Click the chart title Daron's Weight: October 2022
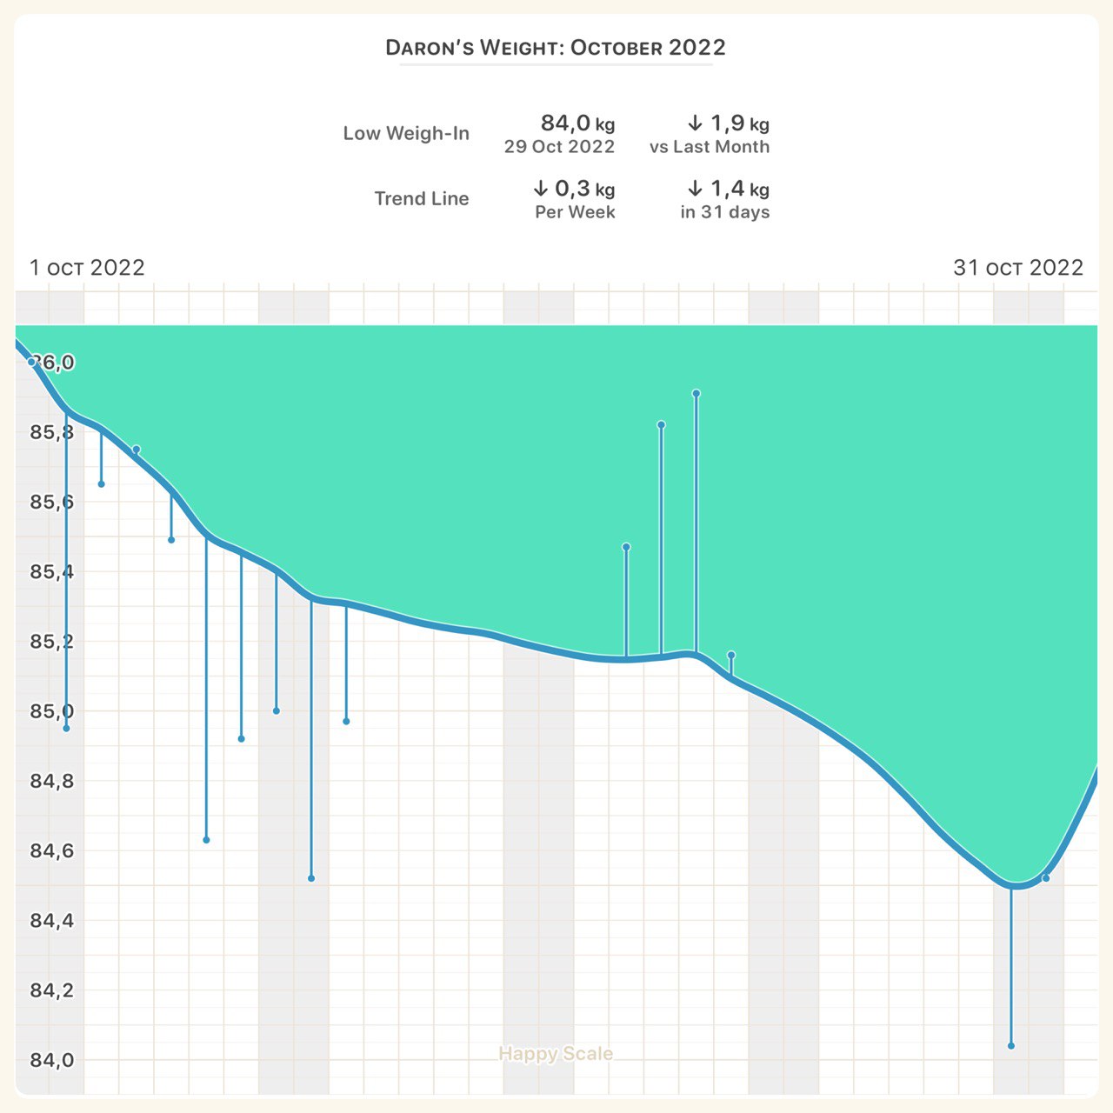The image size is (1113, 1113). (x=556, y=47)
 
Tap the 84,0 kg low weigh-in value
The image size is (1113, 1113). (x=577, y=123)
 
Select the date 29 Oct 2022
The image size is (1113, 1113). (x=559, y=147)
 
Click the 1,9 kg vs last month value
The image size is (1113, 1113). (x=728, y=123)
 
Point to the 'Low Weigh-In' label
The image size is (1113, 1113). (x=406, y=133)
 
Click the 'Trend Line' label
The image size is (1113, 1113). (x=422, y=198)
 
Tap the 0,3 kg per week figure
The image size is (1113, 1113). (x=574, y=189)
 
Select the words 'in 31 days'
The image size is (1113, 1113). (x=725, y=212)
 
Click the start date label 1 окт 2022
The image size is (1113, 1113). (x=87, y=267)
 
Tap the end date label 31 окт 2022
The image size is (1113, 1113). (x=1018, y=267)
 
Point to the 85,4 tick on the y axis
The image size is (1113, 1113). (x=52, y=572)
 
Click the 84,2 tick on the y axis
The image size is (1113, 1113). (x=52, y=990)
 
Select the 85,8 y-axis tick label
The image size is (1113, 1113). (x=52, y=432)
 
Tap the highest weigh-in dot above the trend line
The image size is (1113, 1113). (x=696, y=394)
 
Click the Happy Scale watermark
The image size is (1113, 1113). (x=556, y=1054)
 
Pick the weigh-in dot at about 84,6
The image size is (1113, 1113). (x=206, y=840)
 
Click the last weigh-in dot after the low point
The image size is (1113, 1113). (x=1046, y=878)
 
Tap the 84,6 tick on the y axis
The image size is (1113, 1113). (x=52, y=850)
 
